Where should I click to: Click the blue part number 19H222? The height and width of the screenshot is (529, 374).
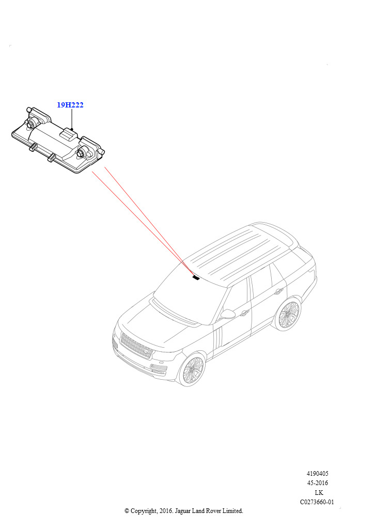click(70, 105)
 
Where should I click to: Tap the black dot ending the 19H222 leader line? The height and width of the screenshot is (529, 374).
click(72, 129)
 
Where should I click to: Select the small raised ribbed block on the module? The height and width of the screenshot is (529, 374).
click(69, 136)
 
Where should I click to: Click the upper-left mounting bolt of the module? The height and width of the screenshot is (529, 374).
click(31, 123)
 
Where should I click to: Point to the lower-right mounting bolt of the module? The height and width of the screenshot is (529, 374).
click(82, 153)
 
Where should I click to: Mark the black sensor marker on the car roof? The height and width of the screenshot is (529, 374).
click(196, 277)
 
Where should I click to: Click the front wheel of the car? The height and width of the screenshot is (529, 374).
click(192, 370)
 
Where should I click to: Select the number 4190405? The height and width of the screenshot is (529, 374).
click(317, 474)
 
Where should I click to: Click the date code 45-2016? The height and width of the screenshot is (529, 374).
click(317, 483)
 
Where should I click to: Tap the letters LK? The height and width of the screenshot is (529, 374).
click(318, 492)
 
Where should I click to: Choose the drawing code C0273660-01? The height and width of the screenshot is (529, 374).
click(317, 502)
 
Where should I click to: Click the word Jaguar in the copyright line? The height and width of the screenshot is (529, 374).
click(182, 511)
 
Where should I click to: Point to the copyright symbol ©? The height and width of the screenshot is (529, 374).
click(127, 511)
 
